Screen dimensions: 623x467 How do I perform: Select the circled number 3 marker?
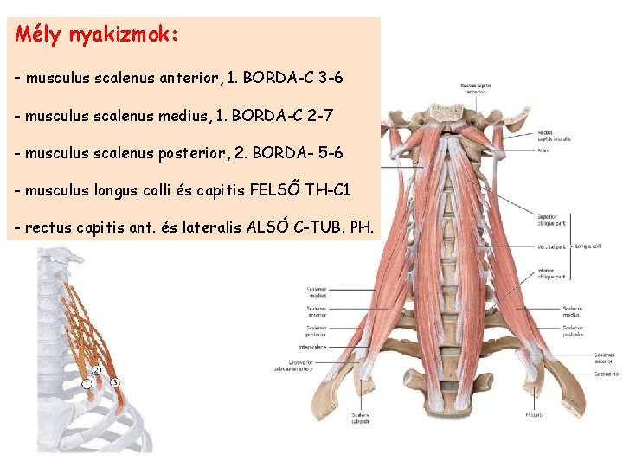(115, 382)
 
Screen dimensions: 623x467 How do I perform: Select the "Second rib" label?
(606, 374)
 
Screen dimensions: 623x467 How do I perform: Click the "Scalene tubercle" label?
(361, 418)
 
